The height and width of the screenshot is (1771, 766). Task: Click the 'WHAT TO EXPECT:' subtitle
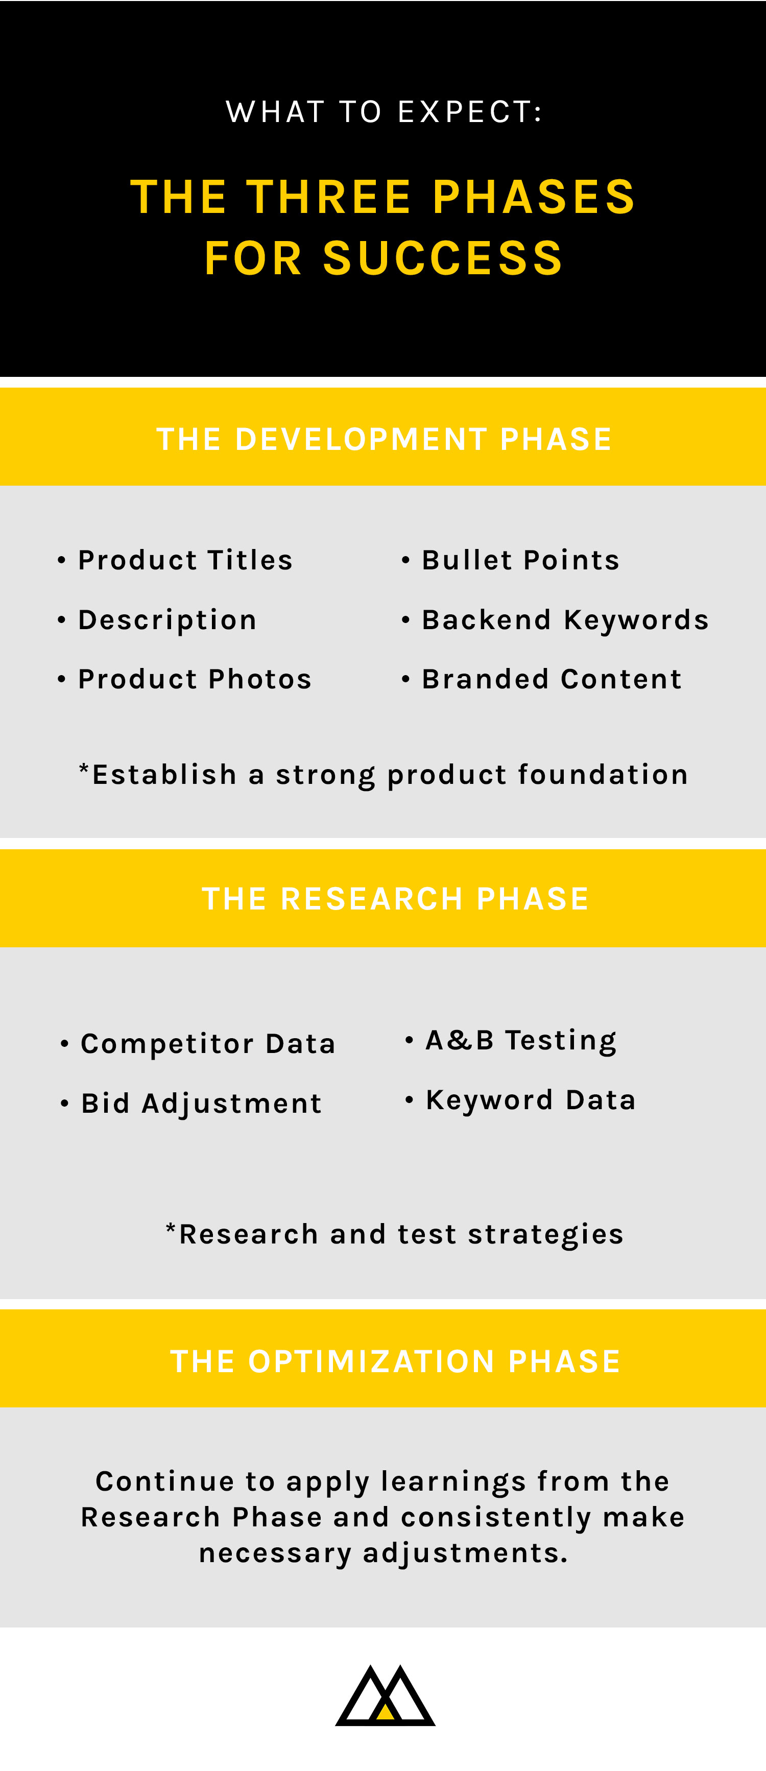click(384, 112)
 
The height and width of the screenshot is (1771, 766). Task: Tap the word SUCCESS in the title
click(443, 258)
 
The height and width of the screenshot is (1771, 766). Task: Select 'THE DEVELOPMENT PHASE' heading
click(384, 439)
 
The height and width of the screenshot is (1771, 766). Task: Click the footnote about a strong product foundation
click(384, 775)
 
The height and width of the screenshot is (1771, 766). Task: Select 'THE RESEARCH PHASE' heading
click(395, 899)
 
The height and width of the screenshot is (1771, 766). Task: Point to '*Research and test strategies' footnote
click(395, 1234)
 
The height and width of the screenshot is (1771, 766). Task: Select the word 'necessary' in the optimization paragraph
click(275, 1553)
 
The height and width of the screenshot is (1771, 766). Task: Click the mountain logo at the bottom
click(385, 1695)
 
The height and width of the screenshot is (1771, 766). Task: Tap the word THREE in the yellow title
click(329, 197)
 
